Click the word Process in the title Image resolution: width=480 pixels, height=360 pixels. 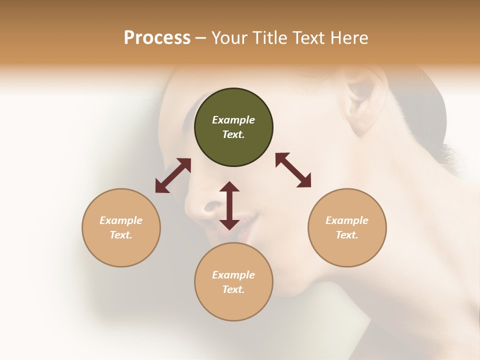point(157,38)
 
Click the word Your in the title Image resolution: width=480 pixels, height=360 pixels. point(230,38)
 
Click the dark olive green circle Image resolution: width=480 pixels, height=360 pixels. point(233,127)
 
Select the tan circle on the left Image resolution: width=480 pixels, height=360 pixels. point(121,227)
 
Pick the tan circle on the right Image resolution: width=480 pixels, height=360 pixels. point(347,227)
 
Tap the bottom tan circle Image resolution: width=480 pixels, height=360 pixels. point(233,281)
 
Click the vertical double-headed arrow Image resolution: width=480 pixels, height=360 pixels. point(229,205)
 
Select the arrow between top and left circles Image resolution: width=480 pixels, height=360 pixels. point(173,175)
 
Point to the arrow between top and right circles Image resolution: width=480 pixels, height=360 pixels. point(293,170)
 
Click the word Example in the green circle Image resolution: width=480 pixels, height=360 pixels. point(233,120)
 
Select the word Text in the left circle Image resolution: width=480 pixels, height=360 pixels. point(121,235)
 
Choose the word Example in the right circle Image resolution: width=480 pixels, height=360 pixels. point(347,220)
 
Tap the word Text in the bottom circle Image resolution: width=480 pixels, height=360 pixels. point(233,289)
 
